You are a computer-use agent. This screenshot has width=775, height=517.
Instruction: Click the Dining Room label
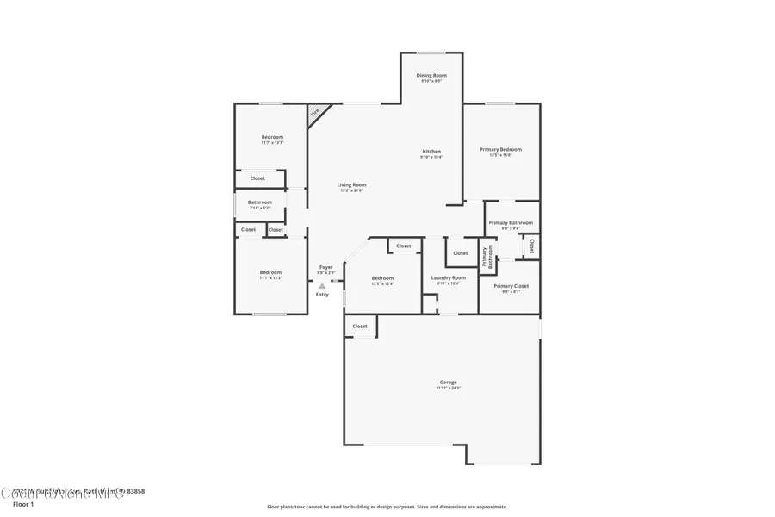pyautogui.click(x=431, y=76)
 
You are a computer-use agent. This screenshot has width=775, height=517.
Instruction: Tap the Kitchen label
pyautogui.click(x=431, y=151)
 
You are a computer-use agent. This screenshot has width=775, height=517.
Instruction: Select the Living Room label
pyautogui.click(x=351, y=184)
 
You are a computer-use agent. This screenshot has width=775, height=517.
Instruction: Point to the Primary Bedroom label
pyautogui.click(x=500, y=149)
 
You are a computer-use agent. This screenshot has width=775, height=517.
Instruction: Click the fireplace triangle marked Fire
pyautogui.click(x=315, y=112)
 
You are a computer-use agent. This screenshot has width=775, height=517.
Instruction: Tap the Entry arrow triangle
pyautogui.click(x=322, y=286)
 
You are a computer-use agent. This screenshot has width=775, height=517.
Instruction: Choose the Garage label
pyautogui.click(x=448, y=382)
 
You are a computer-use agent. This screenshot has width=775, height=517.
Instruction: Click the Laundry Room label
pyautogui.click(x=448, y=277)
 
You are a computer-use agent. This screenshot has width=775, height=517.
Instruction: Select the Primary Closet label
pyautogui.click(x=511, y=285)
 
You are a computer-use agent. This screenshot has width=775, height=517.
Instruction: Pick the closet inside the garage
pyautogui.click(x=360, y=327)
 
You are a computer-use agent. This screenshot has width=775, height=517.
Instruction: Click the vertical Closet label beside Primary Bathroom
pyautogui.click(x=532, y=246)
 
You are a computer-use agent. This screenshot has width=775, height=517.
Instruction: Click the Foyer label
pyautogui.click(x=325, y=267)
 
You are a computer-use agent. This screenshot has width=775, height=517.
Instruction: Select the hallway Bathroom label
pyautogui.click(x=260, y=202)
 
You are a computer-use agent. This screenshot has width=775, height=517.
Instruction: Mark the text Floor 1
pyautogui.click(x=23, y=504)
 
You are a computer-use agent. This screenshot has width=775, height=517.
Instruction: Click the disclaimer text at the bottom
pyautogui.click(x=387, y=507)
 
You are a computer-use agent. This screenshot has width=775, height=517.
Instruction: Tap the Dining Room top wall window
pyautogui.click(x=432, y=53)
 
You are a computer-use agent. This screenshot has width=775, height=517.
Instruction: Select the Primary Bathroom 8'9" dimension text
pyautogui.click(x=505, y=228)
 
